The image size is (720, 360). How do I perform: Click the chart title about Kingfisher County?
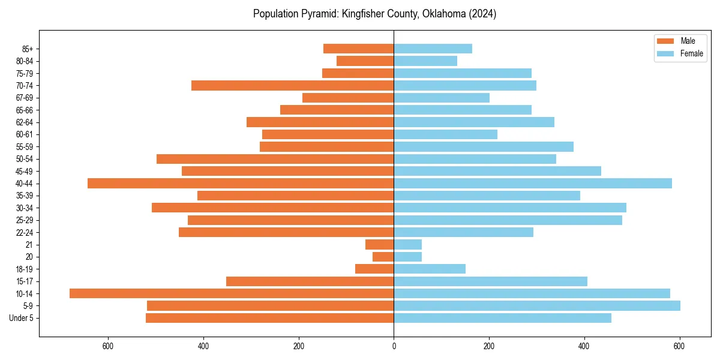click(x=374, y=14)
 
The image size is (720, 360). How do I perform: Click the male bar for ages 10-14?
click(x=232, y=293)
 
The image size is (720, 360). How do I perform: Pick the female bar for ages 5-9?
click(x=537, y=305)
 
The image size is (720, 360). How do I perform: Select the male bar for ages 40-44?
click(x=241, y=183)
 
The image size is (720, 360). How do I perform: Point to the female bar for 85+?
click(x=433, y=49)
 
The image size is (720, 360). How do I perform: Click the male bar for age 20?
click(x=383, y=257)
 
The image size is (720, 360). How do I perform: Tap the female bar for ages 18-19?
click(x=430, y=269)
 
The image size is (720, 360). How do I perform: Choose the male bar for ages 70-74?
click(x=293, y=85)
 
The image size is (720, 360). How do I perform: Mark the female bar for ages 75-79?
click(x=463, y=73)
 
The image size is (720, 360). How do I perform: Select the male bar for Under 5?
click(x=270, y=318)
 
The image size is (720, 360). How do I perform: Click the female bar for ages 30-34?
click(x=510, y=208)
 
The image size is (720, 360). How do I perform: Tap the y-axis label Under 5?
click(x=21, y=318)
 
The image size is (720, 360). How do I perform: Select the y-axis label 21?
click(x=29, y=245)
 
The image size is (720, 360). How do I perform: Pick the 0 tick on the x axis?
click(x=394, y=346)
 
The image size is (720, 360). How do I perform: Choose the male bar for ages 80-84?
click(x=365, y=61)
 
